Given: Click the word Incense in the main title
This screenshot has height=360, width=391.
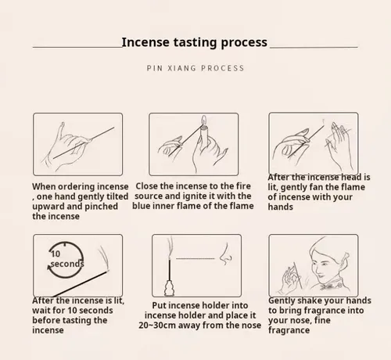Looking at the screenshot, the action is point(145,42).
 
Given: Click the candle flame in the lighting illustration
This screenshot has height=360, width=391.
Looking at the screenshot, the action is point(204,120).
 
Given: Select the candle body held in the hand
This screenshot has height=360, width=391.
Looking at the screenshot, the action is point(204,135).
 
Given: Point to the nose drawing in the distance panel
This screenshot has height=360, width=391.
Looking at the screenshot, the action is point(226,254).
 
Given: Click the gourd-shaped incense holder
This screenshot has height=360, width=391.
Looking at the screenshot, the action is point(170,288).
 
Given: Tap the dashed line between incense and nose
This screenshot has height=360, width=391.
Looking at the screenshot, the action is point(195,259).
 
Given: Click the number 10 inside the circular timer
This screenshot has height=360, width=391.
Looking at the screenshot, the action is point(56,254).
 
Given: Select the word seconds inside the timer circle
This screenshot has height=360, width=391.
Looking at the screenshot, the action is point(67,264).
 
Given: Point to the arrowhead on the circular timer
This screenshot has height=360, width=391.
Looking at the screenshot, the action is point(49,267).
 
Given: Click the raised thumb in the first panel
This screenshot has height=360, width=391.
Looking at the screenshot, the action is point(61,131).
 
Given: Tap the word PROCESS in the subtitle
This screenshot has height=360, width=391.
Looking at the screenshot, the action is point(223,68).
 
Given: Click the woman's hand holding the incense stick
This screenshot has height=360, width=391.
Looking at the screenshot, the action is point(290,280).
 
